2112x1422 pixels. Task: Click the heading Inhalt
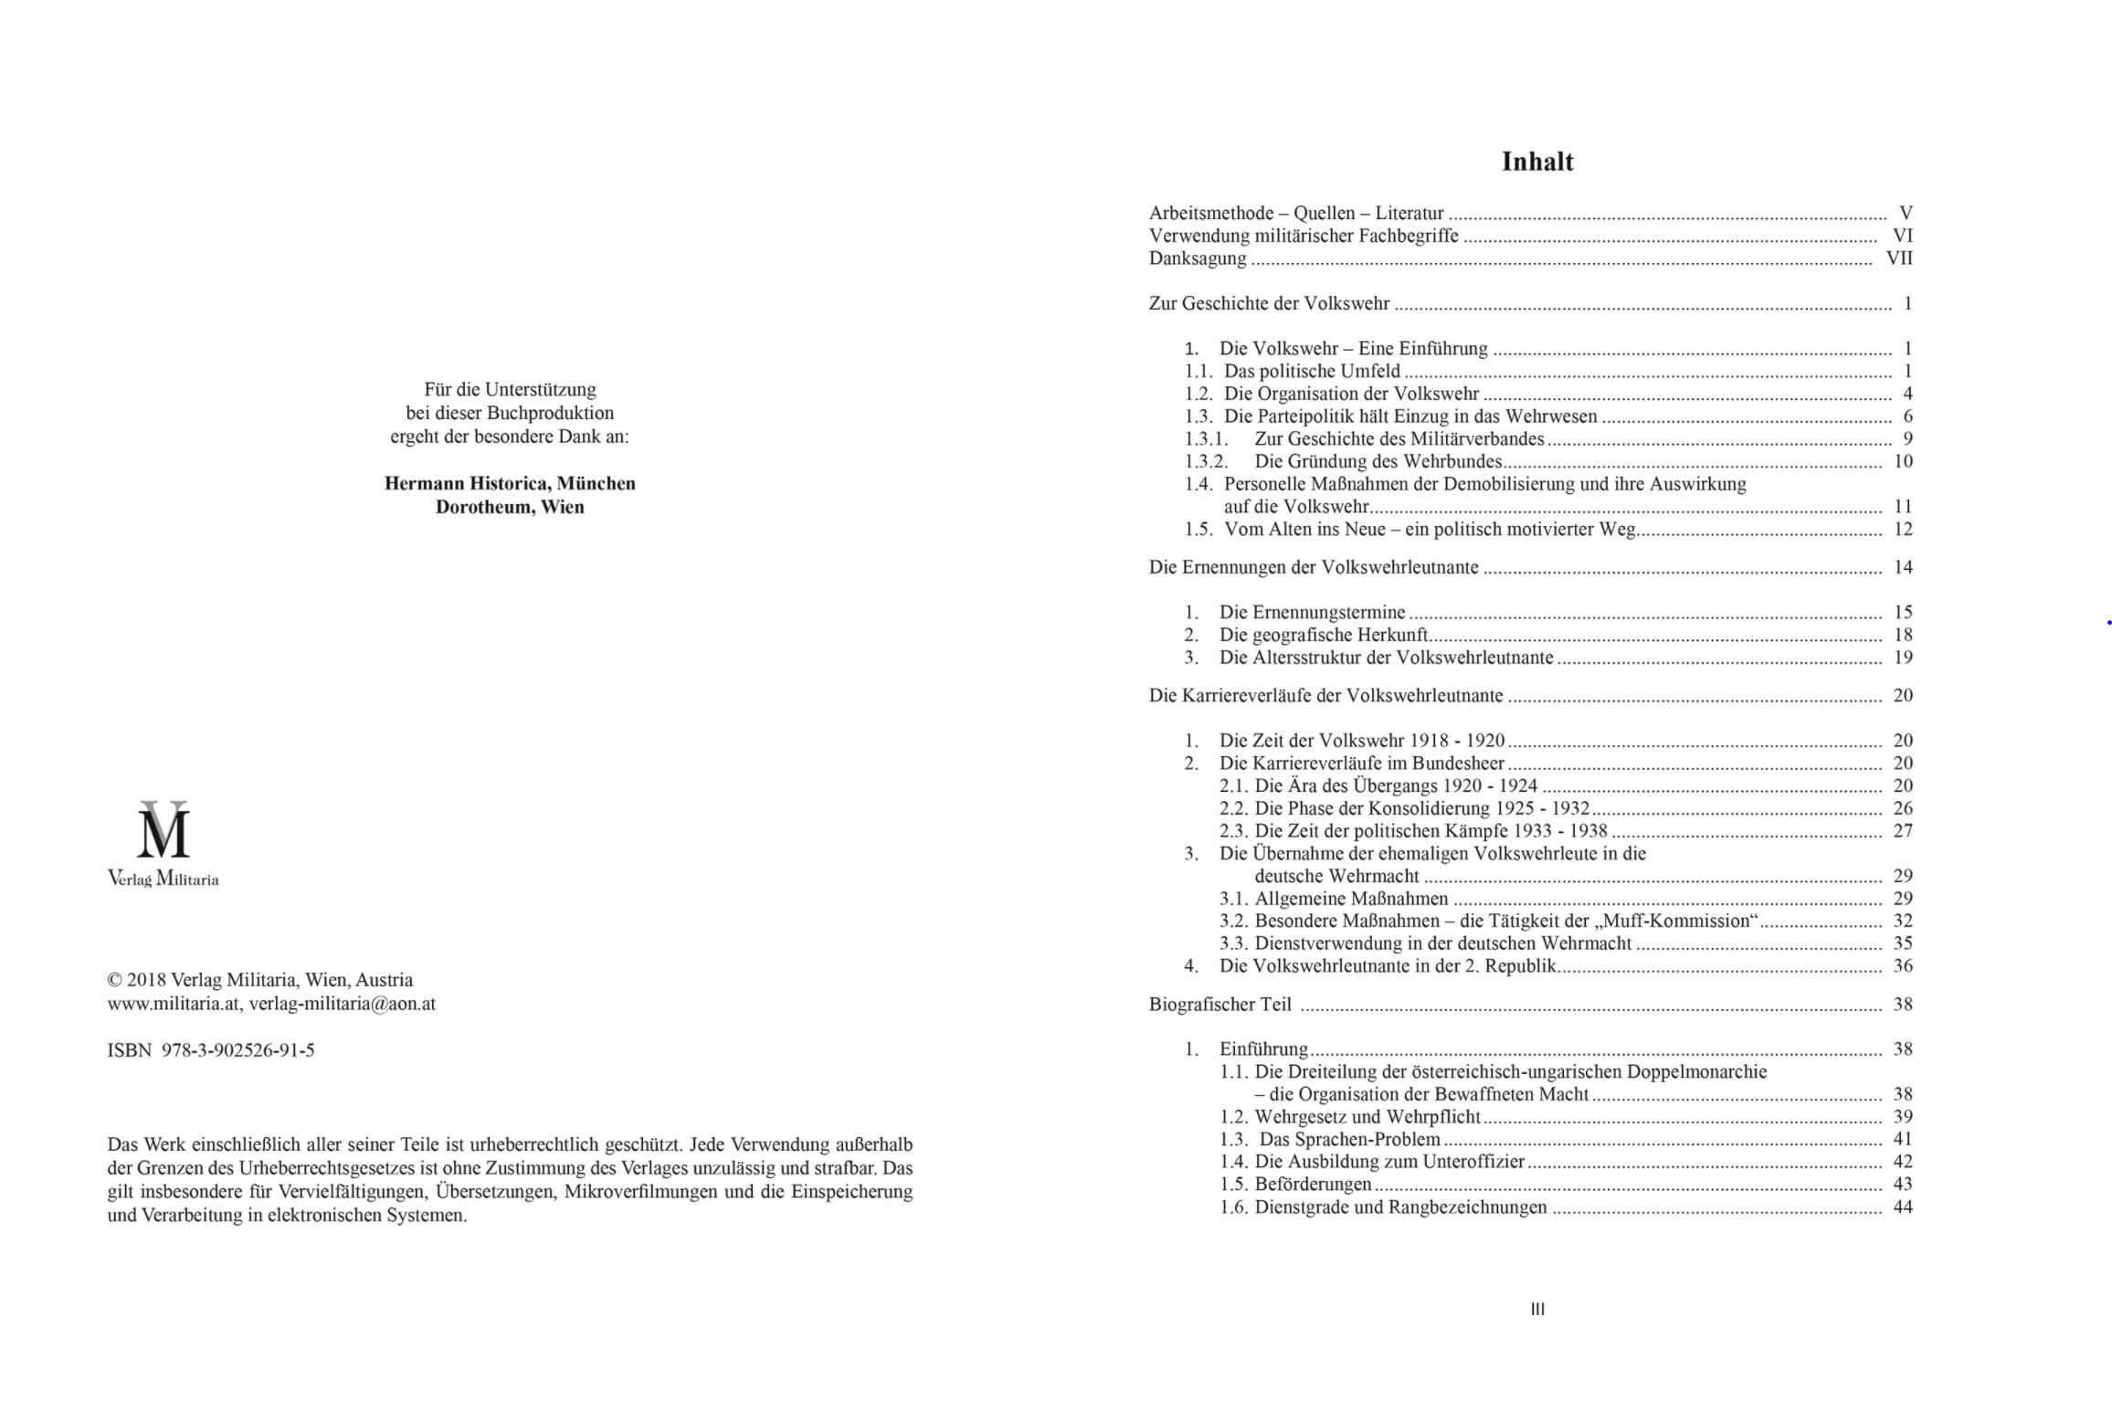point(1537,162)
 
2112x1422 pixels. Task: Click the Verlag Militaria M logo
point(164,830)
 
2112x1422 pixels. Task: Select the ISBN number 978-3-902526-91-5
point(238,1050)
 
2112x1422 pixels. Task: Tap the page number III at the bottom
point(1537,1309)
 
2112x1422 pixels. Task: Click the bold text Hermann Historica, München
point(510,483)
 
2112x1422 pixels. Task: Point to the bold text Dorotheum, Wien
point(510,507)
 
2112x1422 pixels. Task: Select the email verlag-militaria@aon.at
point(343,1004)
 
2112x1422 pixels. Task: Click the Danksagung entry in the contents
point(1197,258)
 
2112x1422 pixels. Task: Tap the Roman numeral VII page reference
point(1899,258)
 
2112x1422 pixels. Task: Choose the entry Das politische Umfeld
point(1312,372)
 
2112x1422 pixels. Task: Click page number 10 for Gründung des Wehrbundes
point(1903,461)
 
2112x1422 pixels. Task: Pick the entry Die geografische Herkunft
point(1324,635)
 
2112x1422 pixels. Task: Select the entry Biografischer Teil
point(1220,1005)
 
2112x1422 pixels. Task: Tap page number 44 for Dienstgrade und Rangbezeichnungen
point(1903,1207)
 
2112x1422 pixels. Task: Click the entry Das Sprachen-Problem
point(1349,1140)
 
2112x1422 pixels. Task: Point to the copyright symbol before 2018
point(115,980)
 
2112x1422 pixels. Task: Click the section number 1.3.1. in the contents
point(1206,439)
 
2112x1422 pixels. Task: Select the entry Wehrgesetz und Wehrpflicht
point(1368,1117)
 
